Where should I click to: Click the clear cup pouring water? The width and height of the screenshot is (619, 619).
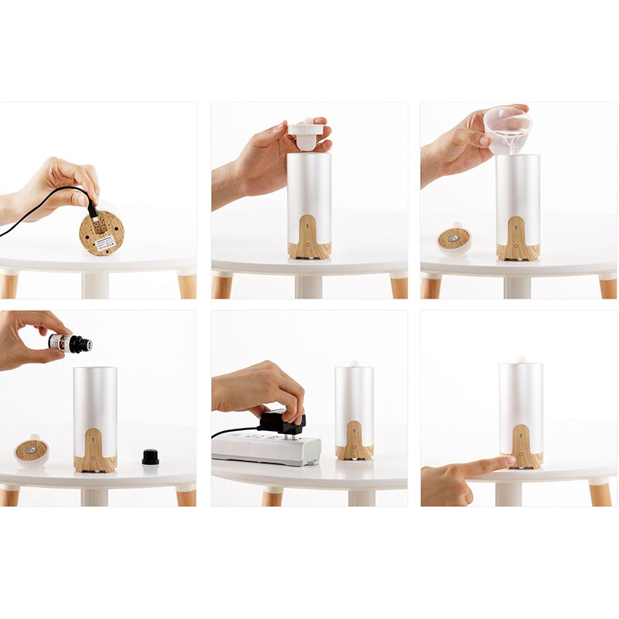click(x=508, y=124)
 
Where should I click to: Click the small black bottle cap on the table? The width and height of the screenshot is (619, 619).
click(x=150, y=457)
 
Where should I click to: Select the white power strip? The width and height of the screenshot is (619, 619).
click(x=267, y=448)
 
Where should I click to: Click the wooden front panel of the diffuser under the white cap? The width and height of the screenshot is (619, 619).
click(x=310, y=236)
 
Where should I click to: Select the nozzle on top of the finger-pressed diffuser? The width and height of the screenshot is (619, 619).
click(x=521, y=360)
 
